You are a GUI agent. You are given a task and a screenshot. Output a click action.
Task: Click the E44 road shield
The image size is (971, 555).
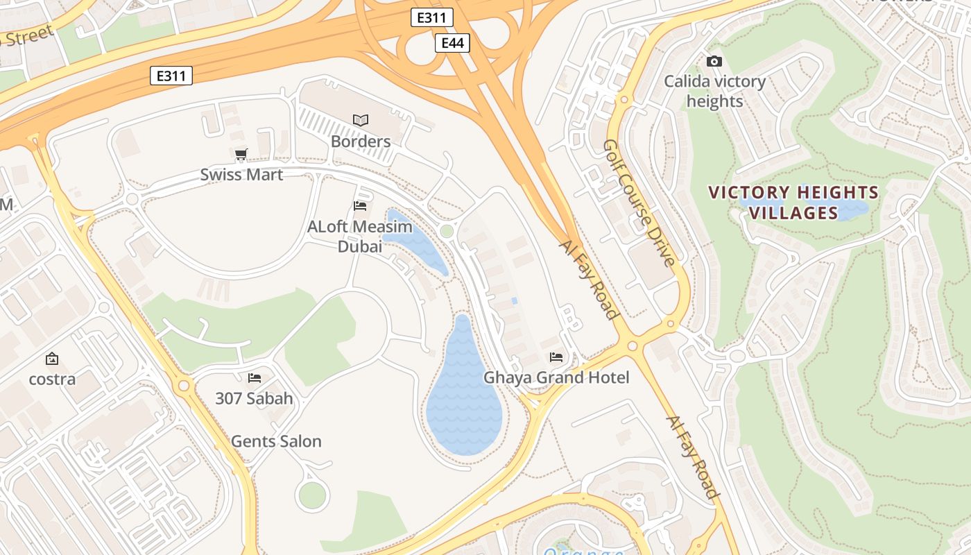point(452,43)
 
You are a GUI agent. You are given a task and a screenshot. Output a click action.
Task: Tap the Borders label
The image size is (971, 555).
point(361,142)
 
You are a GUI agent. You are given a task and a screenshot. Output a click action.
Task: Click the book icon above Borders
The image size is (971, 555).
point(361,120)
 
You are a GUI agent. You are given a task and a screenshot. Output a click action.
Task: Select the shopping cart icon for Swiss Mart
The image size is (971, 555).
point(241,155)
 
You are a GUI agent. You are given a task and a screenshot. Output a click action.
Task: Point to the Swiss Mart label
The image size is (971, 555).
point(241,174)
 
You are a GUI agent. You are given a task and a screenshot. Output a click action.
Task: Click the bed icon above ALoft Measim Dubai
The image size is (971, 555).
point(360,206)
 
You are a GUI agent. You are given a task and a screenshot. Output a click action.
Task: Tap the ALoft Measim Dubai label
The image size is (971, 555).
point(360,237)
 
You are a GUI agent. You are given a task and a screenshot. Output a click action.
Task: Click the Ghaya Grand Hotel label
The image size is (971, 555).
point(556,377)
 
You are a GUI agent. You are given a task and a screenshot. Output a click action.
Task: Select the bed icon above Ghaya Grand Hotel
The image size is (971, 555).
point(556,357)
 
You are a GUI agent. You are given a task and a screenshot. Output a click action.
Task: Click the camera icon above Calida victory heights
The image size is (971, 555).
point(714,62)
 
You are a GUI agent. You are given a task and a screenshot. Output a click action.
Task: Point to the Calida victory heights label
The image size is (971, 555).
point(714,91)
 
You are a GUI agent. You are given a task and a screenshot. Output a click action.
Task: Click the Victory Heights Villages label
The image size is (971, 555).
point(793,202)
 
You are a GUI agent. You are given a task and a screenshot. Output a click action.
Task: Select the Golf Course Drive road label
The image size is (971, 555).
point(639,203)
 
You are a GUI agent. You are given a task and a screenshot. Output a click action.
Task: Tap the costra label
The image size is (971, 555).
point(52,379)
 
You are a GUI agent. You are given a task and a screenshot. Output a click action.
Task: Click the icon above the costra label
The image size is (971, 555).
point(52,359)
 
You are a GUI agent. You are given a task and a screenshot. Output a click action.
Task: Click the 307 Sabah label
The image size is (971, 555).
point(254,398)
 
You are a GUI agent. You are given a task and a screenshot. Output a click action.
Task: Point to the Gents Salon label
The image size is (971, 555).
point(276,441)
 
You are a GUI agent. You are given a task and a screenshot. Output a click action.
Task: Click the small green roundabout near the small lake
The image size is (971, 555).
point(447,231)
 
